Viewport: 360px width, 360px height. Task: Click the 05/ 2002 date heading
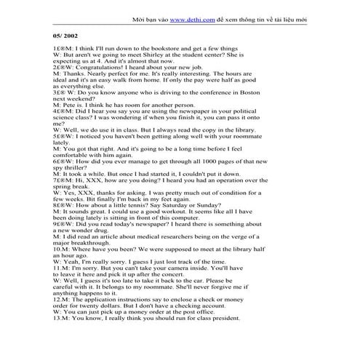tap(65, 35)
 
